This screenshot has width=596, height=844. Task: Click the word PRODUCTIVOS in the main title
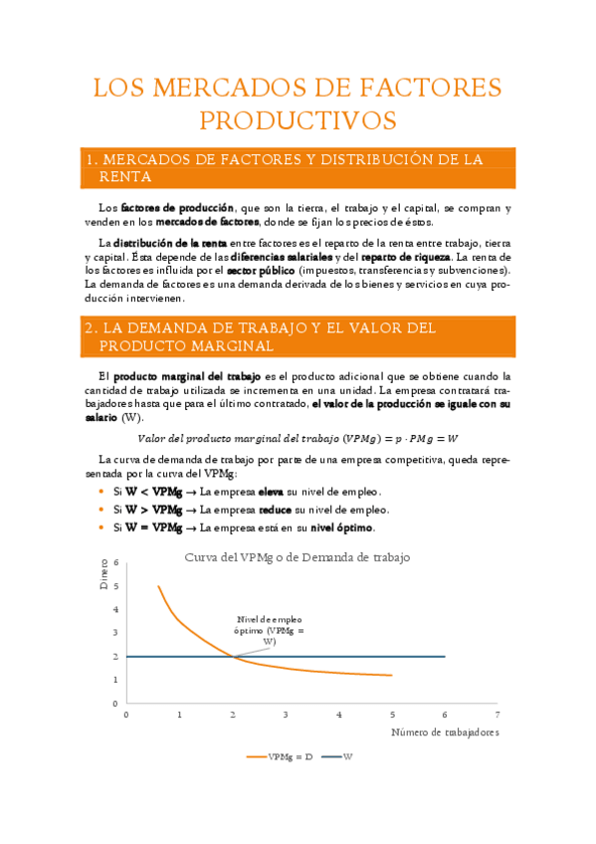(298, 120)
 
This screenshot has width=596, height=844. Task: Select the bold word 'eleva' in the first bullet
(271, 492)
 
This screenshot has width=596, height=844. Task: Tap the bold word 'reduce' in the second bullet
(275, 510)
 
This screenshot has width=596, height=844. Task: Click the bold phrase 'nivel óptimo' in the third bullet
(341, 527)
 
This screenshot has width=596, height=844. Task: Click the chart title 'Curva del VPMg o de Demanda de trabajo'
(298, 557)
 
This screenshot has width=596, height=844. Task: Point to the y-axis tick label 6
(116, 563)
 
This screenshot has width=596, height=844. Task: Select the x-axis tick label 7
(496, 715)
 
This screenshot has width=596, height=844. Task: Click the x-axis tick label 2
(233, 715)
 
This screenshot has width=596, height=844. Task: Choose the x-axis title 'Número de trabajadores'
(443, 732)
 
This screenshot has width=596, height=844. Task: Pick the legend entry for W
(347, 756)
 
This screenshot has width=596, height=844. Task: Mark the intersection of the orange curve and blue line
(233, 656)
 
